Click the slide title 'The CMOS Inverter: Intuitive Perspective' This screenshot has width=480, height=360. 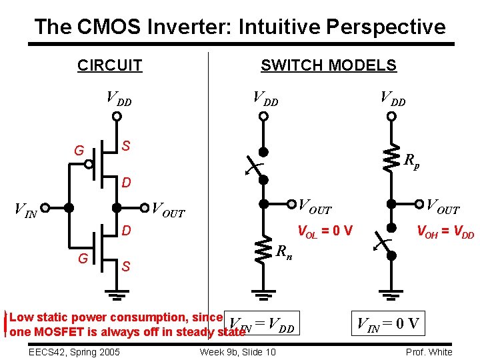(239, 27)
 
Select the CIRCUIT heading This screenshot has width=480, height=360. (109, 65)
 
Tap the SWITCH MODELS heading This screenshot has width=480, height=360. (328, 65)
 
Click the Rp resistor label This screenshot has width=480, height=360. (411, 161)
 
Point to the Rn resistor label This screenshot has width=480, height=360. (284, 252)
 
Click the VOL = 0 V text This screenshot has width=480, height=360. (324, 232)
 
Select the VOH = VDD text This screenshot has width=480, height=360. (445, 232)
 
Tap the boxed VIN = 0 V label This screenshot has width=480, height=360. (388, 325)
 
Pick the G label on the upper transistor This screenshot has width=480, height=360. (79, 151)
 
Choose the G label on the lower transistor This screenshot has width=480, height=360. (83, 257)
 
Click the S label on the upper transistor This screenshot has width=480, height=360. (125, 145)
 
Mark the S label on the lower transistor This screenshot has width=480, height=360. (125, 267)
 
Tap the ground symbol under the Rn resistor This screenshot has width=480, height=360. (264, 294)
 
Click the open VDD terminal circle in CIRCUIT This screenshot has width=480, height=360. (117, 116)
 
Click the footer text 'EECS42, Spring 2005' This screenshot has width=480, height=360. (74, 352)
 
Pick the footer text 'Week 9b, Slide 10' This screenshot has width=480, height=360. (237, 352)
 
